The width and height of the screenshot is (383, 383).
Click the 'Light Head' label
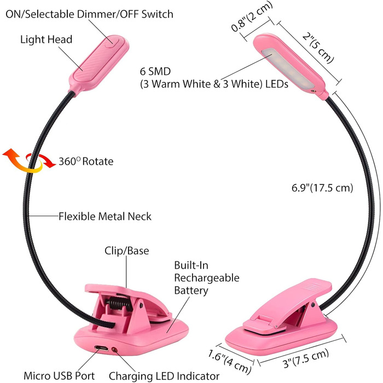[46, 39]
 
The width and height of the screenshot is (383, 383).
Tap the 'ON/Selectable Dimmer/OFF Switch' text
[89, 14]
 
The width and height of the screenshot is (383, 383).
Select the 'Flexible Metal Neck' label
[105, 217]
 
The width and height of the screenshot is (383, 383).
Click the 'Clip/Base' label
[126, 251]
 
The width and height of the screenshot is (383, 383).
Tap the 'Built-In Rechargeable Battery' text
[206, 278]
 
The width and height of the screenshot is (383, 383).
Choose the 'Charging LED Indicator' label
[164, 376]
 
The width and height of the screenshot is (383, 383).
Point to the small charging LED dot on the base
[114, 349]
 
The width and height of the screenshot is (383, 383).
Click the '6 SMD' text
[155, 71]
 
